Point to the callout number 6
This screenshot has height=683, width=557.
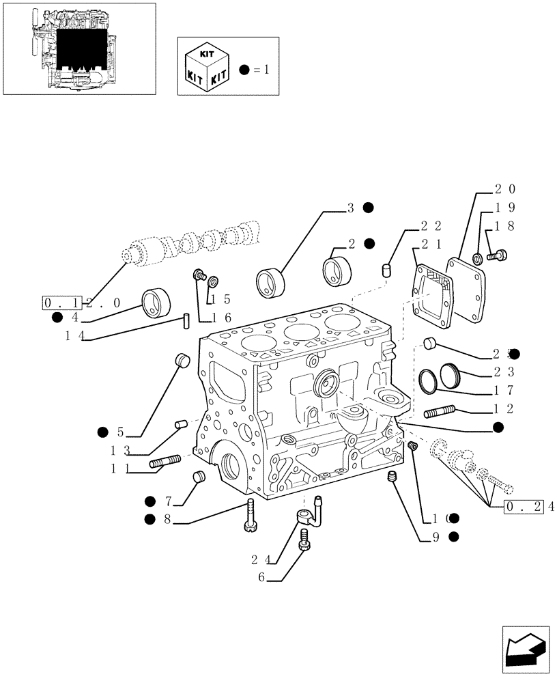click(261, 577)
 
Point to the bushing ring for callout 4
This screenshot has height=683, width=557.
click(158, 303)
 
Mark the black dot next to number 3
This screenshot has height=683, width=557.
click(368, 208)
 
